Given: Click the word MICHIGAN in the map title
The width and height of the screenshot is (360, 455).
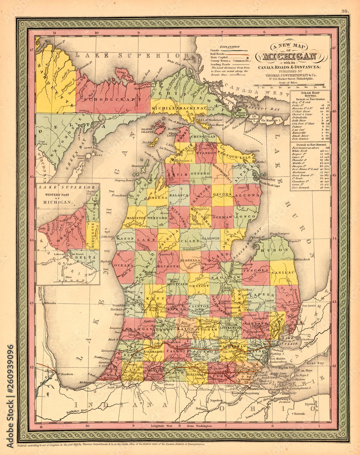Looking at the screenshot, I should [x=287, y=57].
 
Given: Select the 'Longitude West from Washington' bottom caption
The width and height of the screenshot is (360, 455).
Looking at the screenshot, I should [x=184, y=426].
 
